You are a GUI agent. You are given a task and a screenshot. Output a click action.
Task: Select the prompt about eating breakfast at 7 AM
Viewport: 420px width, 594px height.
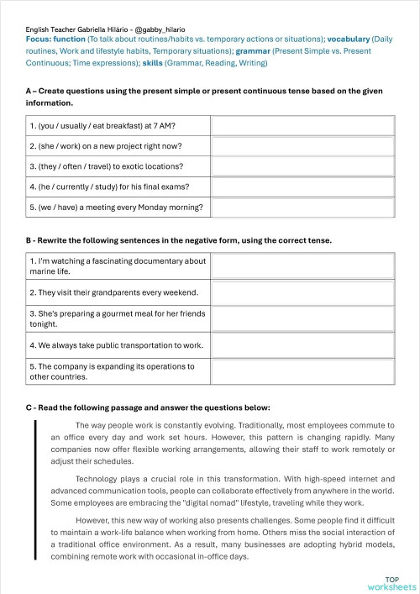pos(108,126)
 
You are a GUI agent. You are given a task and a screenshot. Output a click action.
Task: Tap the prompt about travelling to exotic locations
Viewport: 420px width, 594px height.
pos(106,166)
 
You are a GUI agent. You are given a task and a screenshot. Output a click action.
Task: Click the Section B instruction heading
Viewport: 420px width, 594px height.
pos(179,240)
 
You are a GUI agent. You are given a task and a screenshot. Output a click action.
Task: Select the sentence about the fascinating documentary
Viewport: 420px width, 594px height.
pos(117,266)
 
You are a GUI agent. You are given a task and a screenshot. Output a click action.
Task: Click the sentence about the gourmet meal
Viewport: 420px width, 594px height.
pos(117,318)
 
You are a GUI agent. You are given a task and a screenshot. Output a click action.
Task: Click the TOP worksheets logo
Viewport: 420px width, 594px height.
pos(391,582)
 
